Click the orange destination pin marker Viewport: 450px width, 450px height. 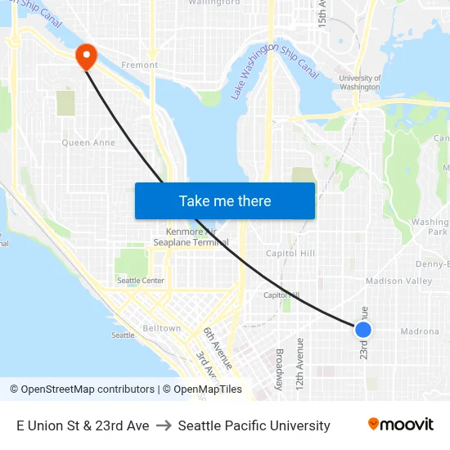[x=86, y=56]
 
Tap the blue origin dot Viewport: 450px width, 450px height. [x=363, y=329]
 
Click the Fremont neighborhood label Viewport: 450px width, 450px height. [x=139, y=65]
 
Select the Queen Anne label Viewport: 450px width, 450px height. [x=88, y=142]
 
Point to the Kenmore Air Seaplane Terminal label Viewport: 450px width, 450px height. [x=192, y=237]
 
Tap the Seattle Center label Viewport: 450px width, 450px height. [x=141, y=281]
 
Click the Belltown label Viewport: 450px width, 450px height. [x=162, y=328]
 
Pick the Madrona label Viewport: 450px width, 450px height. [x=420, y=331]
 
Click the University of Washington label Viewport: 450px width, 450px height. [x=359, y=82]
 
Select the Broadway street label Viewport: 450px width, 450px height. [x=279, y=368]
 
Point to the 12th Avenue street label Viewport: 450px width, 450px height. [x=300, y=362]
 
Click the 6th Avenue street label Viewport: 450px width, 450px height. [x=218, y=348]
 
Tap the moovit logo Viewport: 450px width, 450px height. [x=401, y=425]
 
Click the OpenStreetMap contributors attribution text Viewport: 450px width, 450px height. [x=82, y=389]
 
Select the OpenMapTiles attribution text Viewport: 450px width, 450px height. [x=206, y=389]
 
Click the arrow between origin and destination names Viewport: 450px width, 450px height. [x=164, y=425]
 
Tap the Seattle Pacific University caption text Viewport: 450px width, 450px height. [x=254, y=425]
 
